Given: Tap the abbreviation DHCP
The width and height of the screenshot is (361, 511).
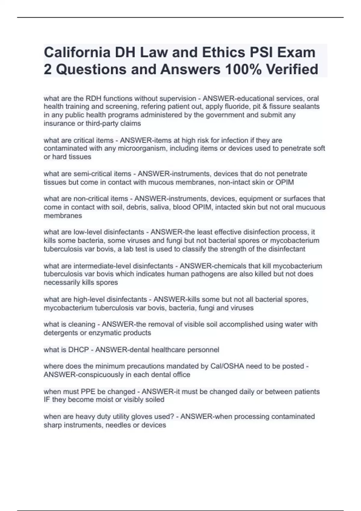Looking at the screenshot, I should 79,350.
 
